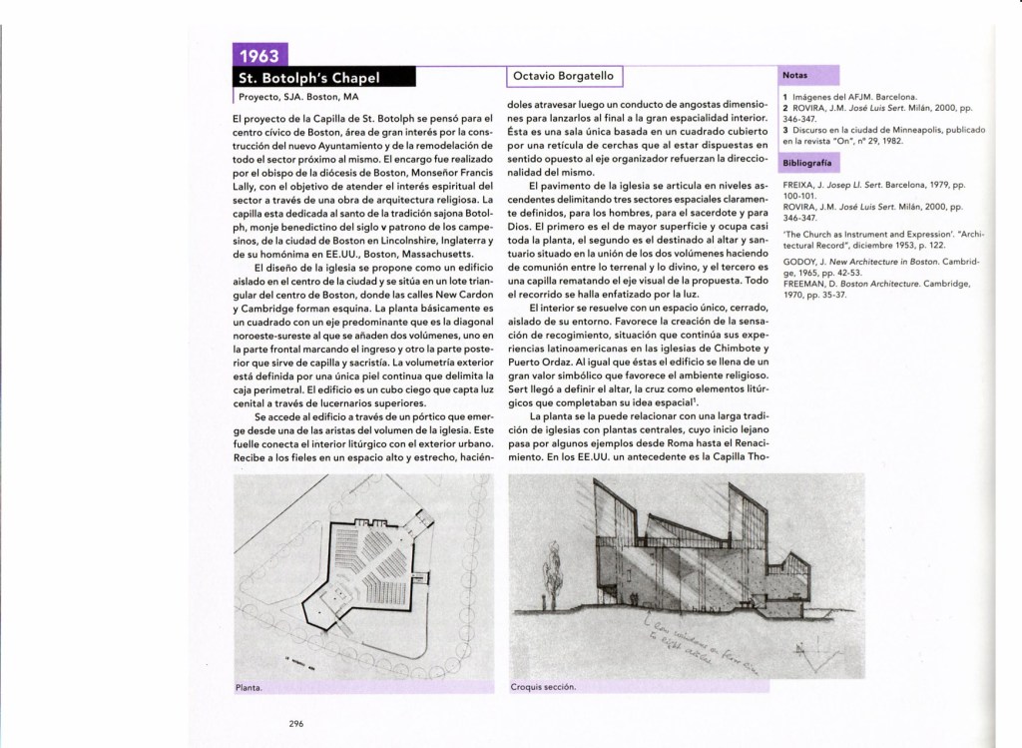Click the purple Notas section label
click(795, 75)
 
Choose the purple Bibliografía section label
click(809, 163)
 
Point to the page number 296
click(296, 724)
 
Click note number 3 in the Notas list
click(785, 130)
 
